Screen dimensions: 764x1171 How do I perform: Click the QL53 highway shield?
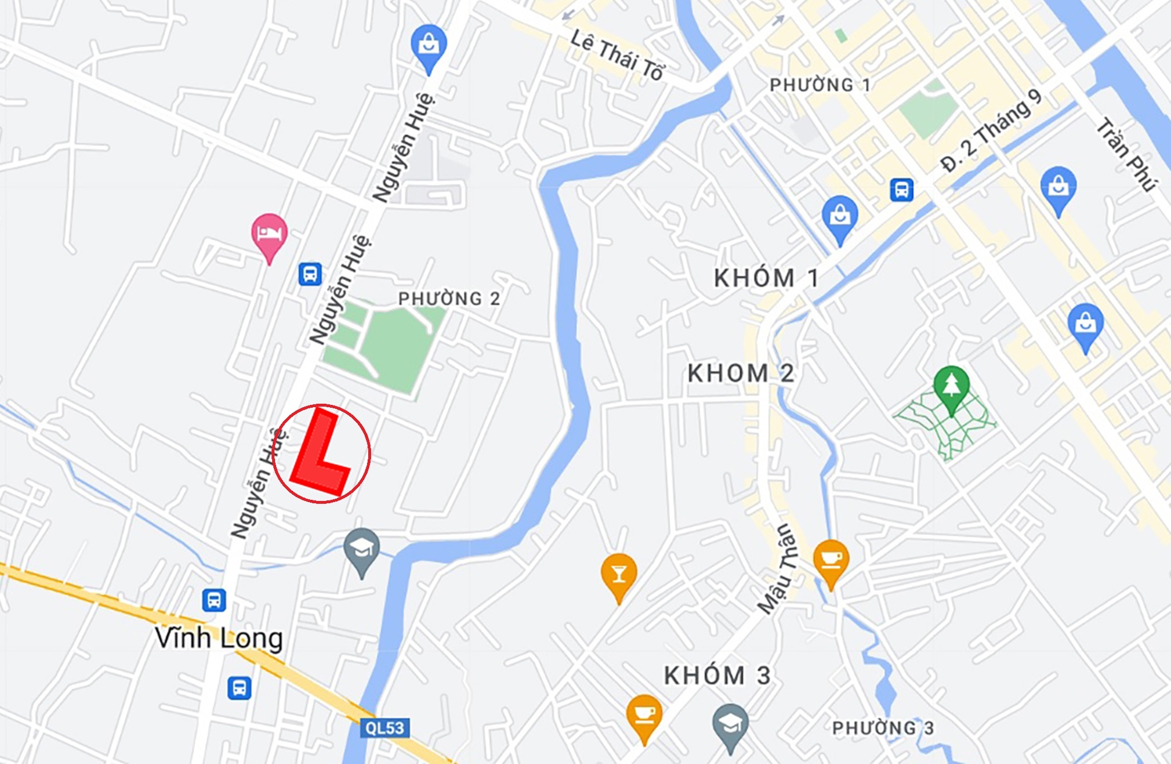(x=385, y=728)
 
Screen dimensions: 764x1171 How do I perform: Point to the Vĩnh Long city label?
(x=219, y=638)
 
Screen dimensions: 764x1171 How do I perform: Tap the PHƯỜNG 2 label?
(x=449, y=299)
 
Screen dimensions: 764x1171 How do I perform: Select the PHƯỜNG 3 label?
(x=882, y=728)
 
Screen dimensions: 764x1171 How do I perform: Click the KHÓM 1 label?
(x=766, y=278)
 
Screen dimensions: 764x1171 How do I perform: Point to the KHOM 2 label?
(x=740, y=373)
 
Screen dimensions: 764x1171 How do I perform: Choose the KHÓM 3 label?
(x=717, y=676)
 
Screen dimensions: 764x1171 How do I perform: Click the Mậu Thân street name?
(x=778, y=569)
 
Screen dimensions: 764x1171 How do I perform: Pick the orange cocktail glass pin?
(x=619, y=574)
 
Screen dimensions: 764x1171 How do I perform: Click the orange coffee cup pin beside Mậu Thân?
(x=831, y=559)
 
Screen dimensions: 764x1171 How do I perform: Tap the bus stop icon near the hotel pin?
(x=310, y=274)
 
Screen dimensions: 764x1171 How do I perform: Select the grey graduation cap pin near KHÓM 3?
(x=730, y=723)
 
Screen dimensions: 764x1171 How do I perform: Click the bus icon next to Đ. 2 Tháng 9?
(x=901, y=190)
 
